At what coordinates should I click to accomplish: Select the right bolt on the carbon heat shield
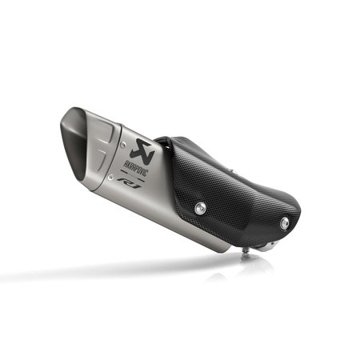(x=282, y=225)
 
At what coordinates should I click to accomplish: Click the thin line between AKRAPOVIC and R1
(x=140, y=175)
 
